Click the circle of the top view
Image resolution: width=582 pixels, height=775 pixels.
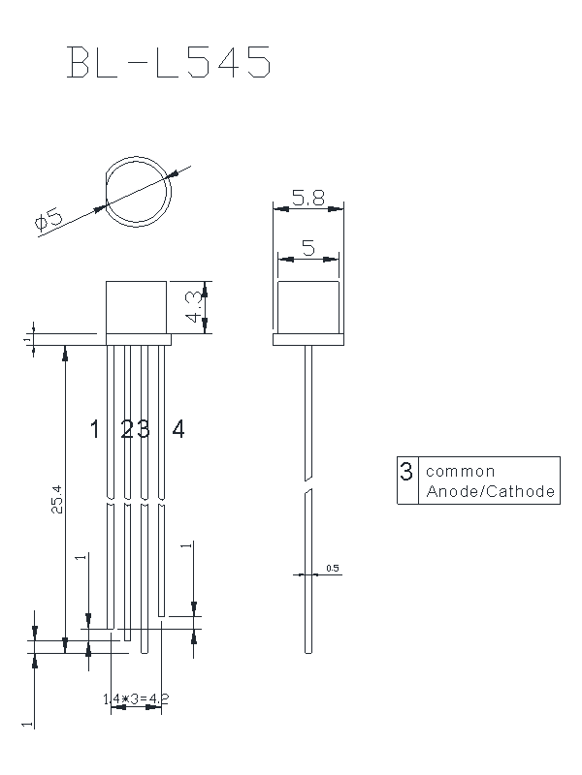(139, 191)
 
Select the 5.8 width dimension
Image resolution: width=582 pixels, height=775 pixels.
(307, 199)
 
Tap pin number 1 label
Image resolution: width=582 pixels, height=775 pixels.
(94, 429)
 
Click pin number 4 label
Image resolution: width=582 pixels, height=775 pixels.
(178, 429)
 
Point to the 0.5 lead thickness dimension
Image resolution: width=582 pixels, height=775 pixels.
(333, 569)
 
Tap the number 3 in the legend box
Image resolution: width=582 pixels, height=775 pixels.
(406, 472)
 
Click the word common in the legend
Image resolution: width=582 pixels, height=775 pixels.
(461, 472)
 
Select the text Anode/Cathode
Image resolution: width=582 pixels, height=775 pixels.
(491, 492)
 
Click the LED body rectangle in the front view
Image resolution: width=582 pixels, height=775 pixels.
(139, 307)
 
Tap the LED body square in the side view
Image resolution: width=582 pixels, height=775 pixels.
(308, 307)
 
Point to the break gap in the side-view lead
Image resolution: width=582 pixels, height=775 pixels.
(308, 484)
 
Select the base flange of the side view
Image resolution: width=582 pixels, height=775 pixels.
(308, 340)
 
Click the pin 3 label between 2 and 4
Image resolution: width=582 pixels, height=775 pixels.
(144, 429)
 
